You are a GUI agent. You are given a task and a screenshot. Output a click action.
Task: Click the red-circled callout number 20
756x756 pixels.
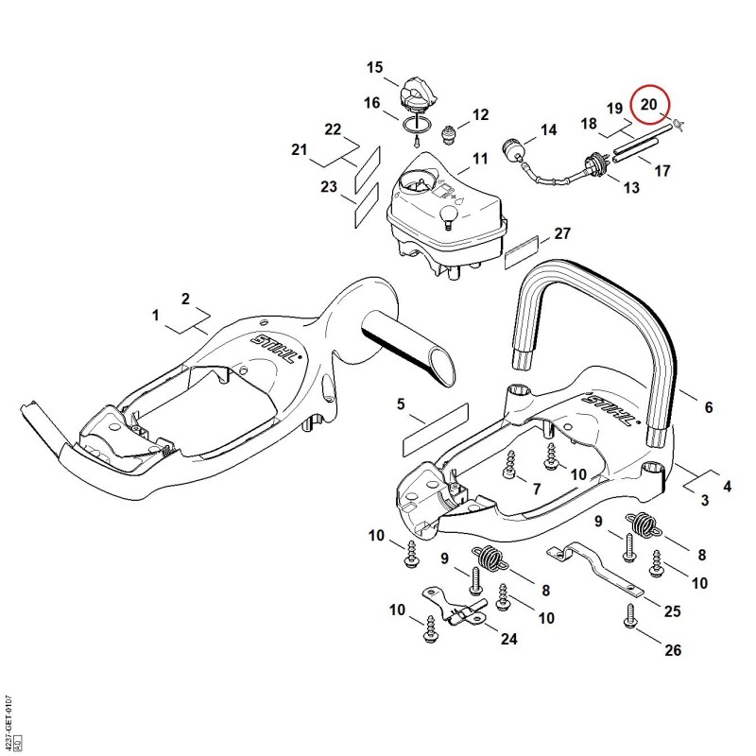click(649, 104)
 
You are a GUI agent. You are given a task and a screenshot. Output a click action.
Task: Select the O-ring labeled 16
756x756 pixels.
click(418, 125)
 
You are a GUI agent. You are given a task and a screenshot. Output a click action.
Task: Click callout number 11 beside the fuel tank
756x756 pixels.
click(480, 158)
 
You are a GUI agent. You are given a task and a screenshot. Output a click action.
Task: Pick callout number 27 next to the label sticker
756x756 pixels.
click(562, 233)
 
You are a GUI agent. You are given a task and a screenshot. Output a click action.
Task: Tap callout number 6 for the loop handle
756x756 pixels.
click(708, 407)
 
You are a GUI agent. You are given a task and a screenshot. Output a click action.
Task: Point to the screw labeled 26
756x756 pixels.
click(630, 615)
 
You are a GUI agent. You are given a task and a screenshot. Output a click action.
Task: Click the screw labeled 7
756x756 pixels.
click(508, 466)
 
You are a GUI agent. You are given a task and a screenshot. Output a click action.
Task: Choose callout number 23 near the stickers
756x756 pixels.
click(329, 186)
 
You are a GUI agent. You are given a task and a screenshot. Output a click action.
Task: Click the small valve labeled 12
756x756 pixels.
click(450, 132)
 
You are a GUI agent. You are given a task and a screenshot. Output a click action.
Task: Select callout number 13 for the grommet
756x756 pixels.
click(631, 187)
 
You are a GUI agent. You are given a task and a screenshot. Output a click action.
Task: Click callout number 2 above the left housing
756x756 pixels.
click(185, 299)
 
